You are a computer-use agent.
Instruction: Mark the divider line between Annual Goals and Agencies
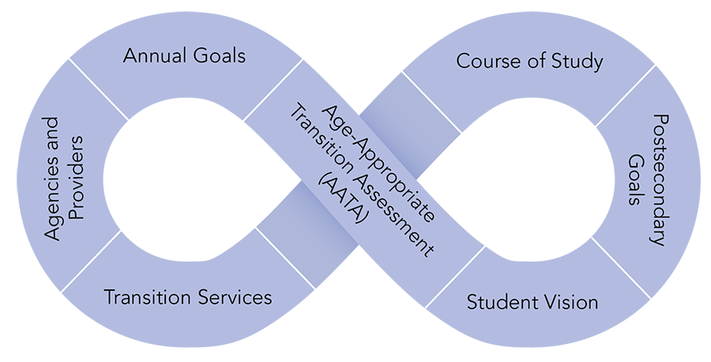(99, 89)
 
